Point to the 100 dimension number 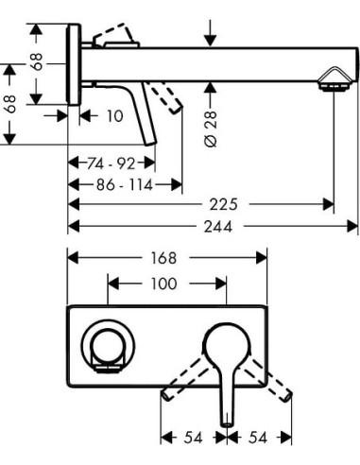[166, 283]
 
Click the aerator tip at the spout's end [331, 85]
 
